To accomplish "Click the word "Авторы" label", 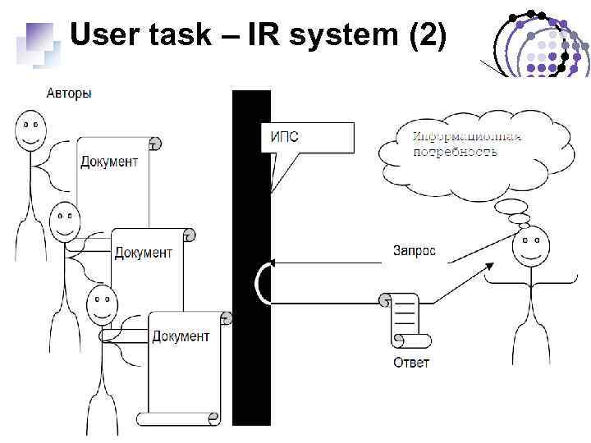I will [69, 94].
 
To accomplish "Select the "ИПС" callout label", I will [285, 136].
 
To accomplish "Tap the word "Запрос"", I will [415, 250].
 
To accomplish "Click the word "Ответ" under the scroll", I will [410, 362].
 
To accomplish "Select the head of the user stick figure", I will [530, 248].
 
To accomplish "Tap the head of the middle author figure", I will [65, 220].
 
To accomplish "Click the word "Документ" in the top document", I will [109, 162].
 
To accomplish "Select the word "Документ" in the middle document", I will [144, 253].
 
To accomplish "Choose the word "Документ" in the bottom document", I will [181, 336].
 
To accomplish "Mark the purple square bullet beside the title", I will [39, 38].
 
